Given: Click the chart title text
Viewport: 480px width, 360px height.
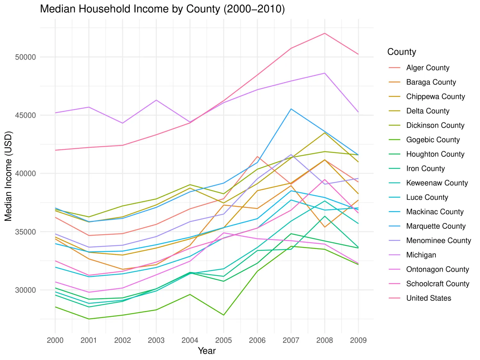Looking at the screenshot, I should click(x=162, y=9).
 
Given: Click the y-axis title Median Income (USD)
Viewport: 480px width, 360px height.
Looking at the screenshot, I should click(x=8, y=176).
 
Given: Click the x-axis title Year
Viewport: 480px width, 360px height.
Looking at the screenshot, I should click(x=207, y=351).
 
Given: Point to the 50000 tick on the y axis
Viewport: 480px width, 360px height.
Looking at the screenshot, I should click(x=26, y=57).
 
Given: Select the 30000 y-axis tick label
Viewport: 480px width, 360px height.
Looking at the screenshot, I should click(x=26, y=290).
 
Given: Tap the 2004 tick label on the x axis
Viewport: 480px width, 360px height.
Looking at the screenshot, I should click(x=190, y=340).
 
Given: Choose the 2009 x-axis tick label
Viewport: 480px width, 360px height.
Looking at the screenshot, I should click(x=358, y=340).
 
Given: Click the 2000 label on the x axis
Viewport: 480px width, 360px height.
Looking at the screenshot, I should click(x=55, y=340).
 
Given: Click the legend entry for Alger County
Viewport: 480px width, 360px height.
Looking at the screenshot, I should click(x=428, y=68).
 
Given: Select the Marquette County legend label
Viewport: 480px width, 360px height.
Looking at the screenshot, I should click(x=436, y=226).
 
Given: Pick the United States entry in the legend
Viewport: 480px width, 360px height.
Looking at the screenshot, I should click(x=428, y=298).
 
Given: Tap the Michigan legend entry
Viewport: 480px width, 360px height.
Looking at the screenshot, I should click(x=421, y=255).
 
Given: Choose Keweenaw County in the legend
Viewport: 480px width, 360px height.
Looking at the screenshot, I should click(x=437, y=183).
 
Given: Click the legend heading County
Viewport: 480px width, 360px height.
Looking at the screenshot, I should click(x=402, y=52).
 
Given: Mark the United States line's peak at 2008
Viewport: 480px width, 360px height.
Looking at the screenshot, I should click(x=325, y=33).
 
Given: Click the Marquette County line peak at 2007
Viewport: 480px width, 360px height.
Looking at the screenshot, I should click(x=291, y=109).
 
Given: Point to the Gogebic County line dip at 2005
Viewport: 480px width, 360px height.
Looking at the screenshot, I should click(x=224, y=315).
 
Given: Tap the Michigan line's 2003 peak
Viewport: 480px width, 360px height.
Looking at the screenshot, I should click(x=156, y=100).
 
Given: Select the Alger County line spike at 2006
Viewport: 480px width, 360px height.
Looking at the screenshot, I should click(x=257, y=156).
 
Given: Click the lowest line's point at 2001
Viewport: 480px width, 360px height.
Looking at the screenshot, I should click(x=89, y=319).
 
